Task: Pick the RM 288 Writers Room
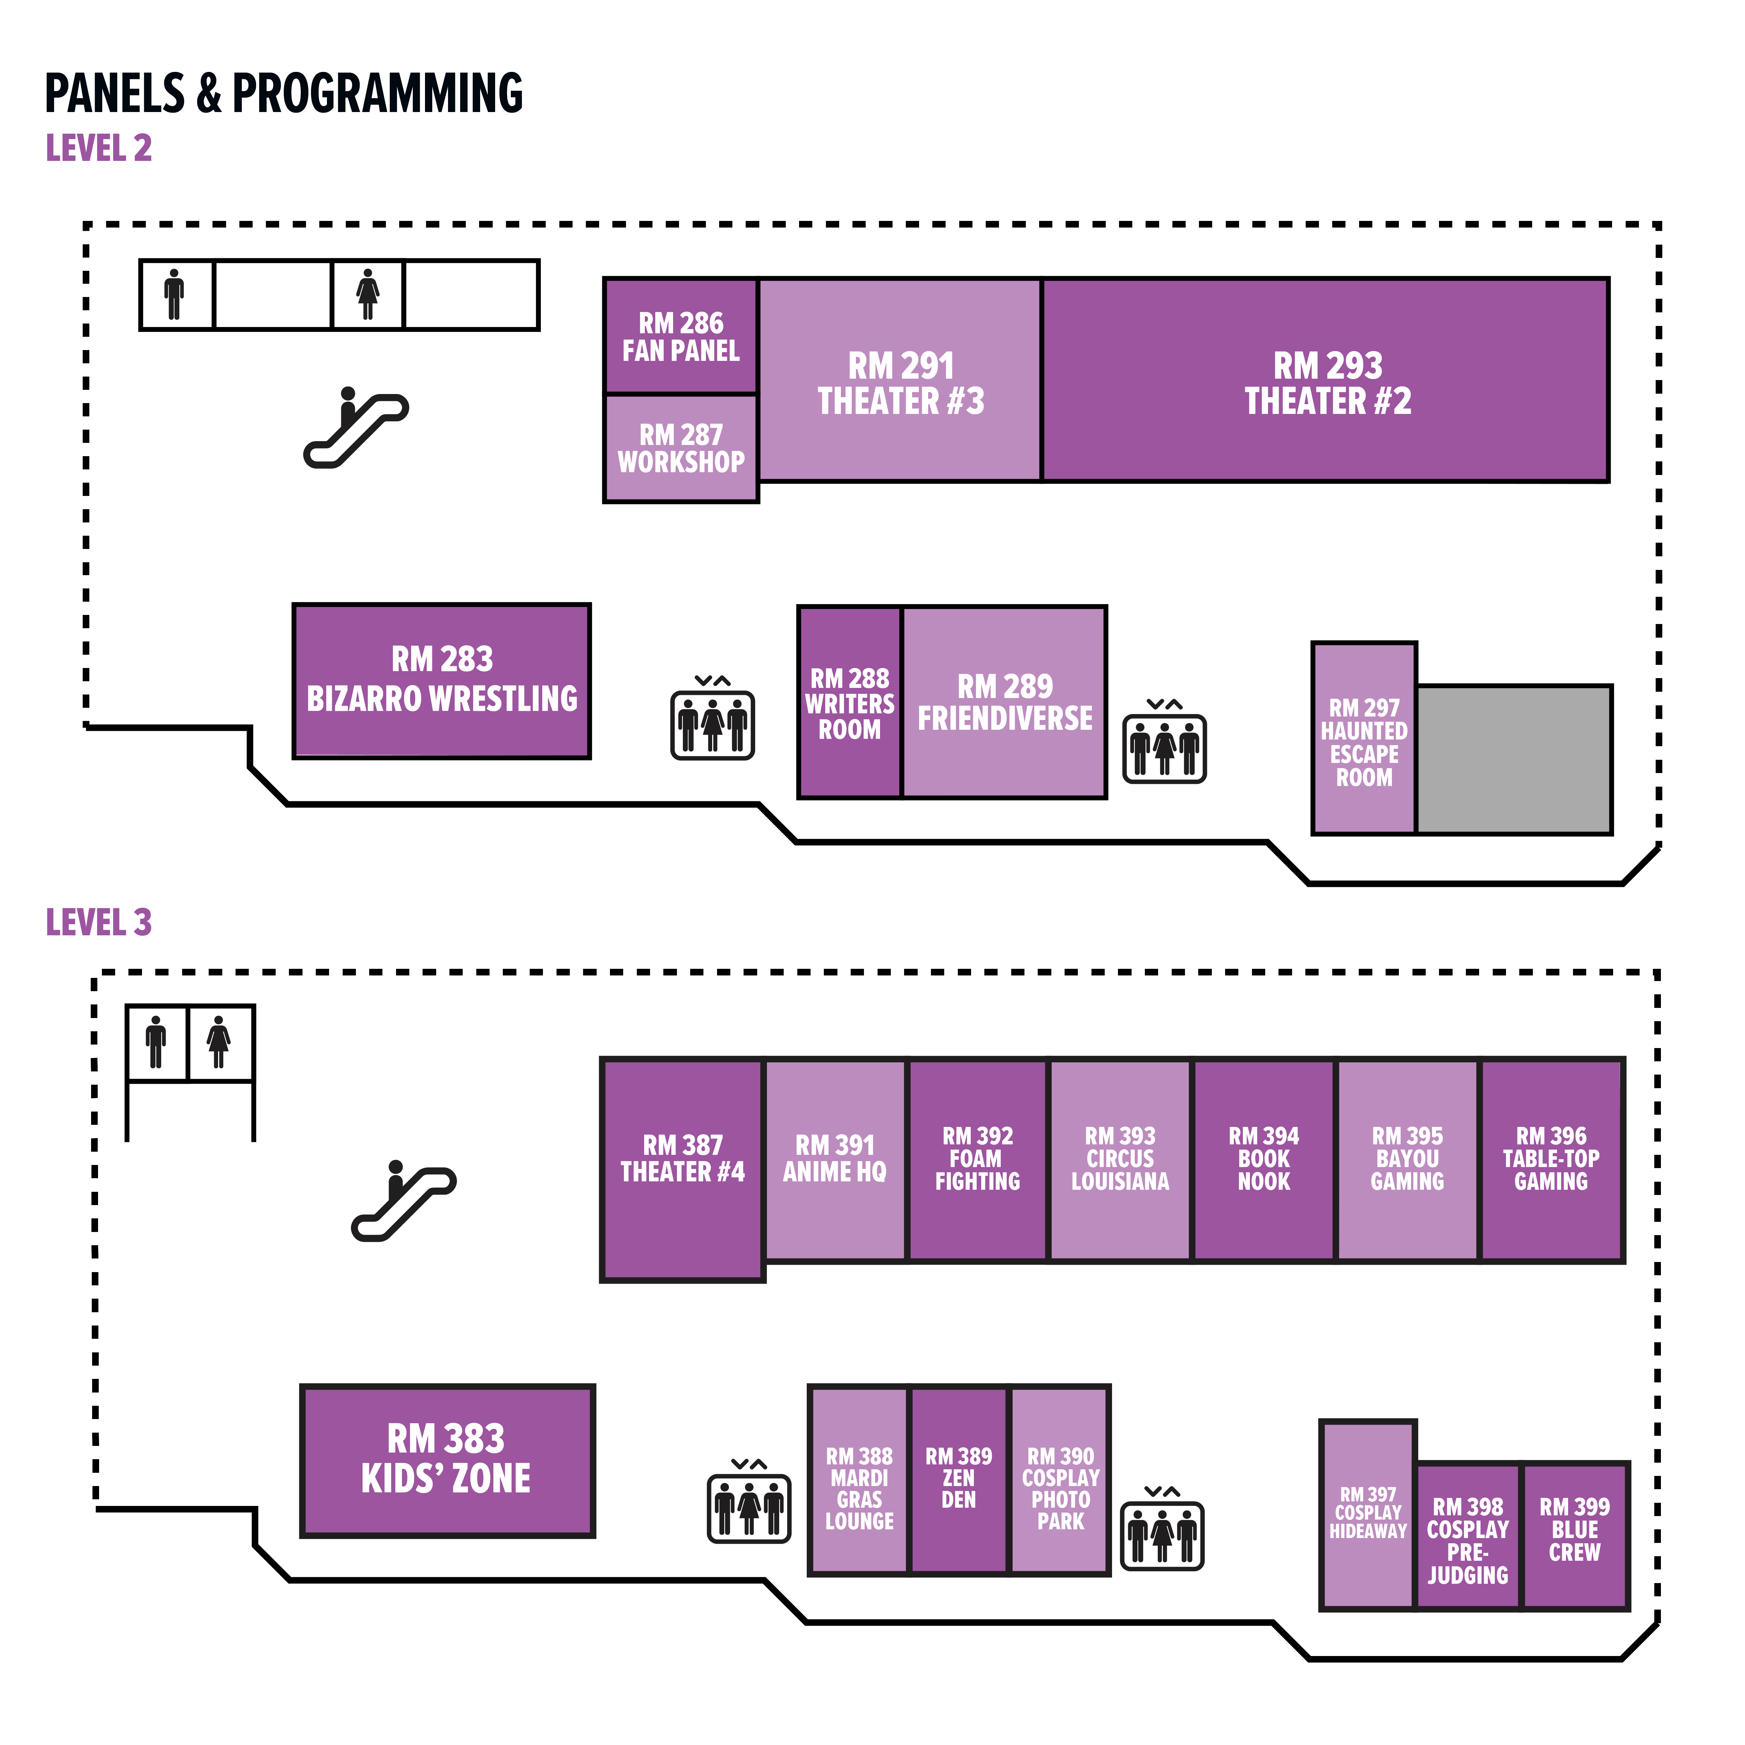(849, 703)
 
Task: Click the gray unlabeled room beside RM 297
(1514, 759)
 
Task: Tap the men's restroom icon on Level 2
(174, 295)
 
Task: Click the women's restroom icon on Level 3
(218, 1042)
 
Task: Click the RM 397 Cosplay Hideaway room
(1367, 1517)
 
